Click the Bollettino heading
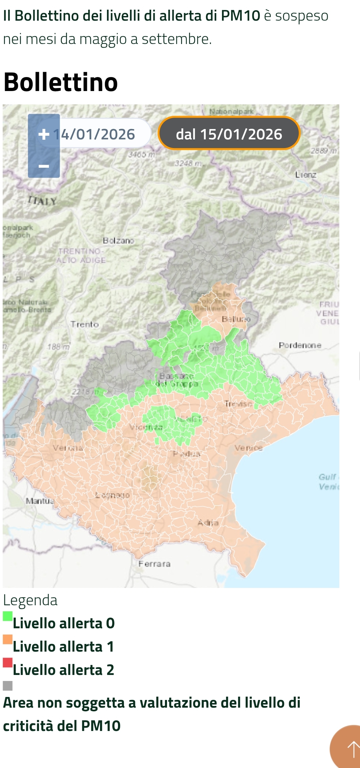(61, 82)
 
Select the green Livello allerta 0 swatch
(8, 616)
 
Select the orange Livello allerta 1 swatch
(8, 639)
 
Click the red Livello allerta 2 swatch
(8, 662)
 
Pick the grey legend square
(8, 686)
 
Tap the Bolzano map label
(118, 240)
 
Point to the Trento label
(85, 324)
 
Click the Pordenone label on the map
(300, 345)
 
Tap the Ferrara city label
(154, 564)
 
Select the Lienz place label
(306, 174)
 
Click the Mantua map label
(39, 501)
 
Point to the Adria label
(208, 523)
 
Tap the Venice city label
(248, 448)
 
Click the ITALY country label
(42, 201)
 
